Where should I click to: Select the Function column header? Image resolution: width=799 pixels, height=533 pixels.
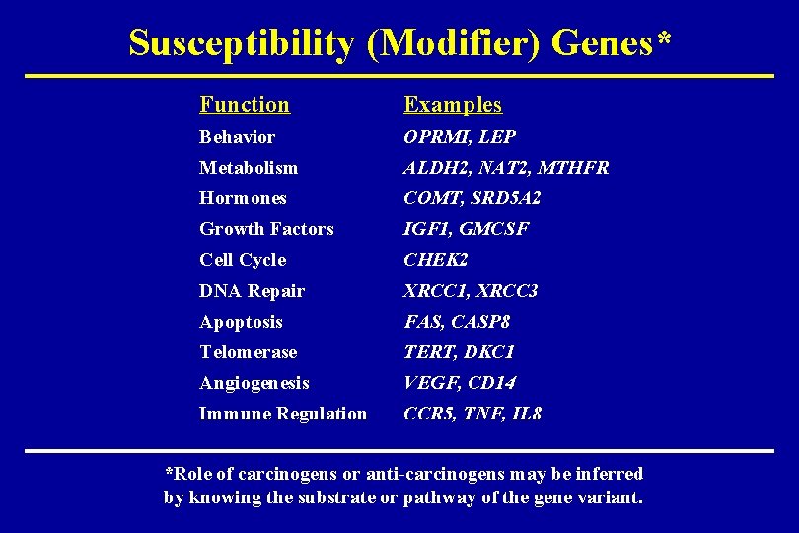pyautogui.click(x=245, y=104)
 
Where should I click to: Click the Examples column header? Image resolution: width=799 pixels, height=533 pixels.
pyautogui.click(x=453, y=104)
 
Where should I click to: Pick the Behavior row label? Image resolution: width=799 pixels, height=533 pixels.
pyautogui.click(x=237, y=137)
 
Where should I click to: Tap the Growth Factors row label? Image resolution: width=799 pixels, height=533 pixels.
pyautogui.click(x=266, y=229)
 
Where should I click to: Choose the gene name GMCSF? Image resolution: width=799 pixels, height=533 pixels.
pyautogui.click(x=494, y=229)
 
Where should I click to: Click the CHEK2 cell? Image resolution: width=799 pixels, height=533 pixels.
pyautogui.click(x=435, y=260)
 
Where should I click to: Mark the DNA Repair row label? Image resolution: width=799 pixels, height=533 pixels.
pyautogui.click(x=252, y=291)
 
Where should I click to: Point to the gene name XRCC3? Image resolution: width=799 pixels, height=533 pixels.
pyautogui.click(x=506, y=291)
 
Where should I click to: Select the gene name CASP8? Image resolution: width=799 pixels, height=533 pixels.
pyautogui.click(x=480, y=322)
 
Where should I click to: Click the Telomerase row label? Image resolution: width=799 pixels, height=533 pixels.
pyautogui.click(x=248, y=352)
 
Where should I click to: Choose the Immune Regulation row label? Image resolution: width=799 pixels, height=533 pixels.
pyautogui.click(x=282, y=414)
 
